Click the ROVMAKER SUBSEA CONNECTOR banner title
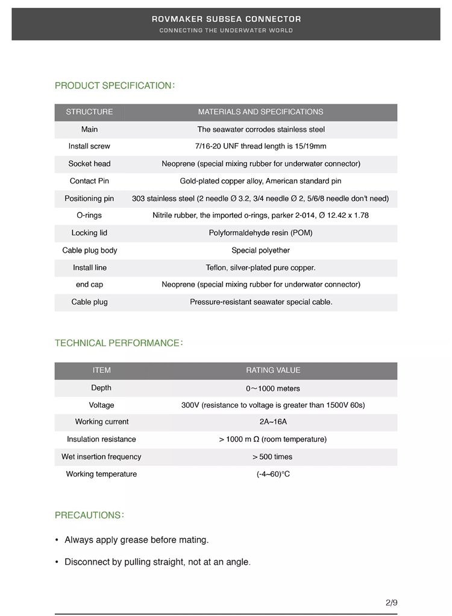226,19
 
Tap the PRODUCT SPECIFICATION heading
115,86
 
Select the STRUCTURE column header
89,112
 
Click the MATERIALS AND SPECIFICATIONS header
260,112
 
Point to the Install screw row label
89,146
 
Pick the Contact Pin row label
89,181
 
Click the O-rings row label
89,215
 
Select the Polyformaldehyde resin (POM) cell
260,233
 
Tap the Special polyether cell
260,250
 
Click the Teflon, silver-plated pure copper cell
260,267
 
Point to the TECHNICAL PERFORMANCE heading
119,343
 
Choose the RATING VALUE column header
273,370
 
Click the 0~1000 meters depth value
273,388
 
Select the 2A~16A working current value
273,422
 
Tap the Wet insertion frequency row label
101,457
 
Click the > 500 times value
273,457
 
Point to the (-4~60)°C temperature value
273,474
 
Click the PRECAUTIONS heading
89,515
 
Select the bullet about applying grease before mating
136,540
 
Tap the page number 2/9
391,602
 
